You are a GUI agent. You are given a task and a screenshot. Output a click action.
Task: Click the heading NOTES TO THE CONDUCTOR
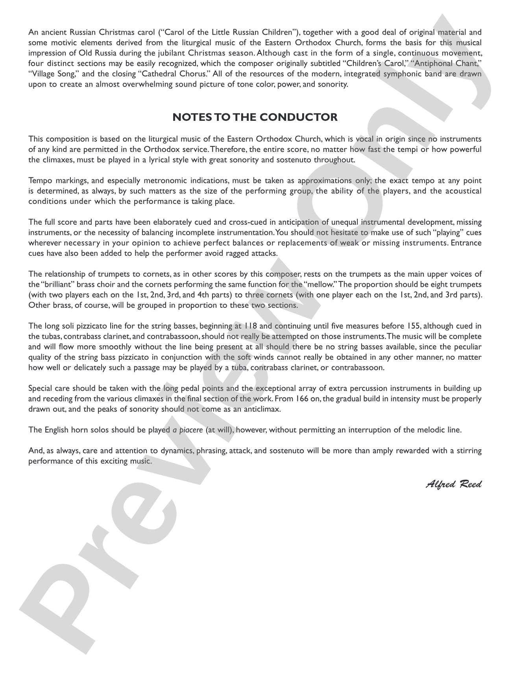coord(255,117)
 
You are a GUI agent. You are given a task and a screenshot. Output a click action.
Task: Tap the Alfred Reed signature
coord(454,484)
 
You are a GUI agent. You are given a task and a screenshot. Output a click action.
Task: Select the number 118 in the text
coord(251,326)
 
